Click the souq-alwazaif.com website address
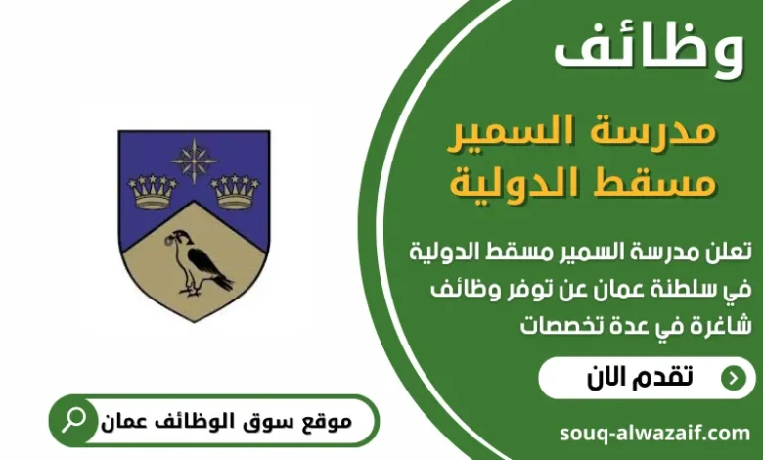coord(655,432)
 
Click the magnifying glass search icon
coord(73,421)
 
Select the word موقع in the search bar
coord(323,422)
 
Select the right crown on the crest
coord(235,191)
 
